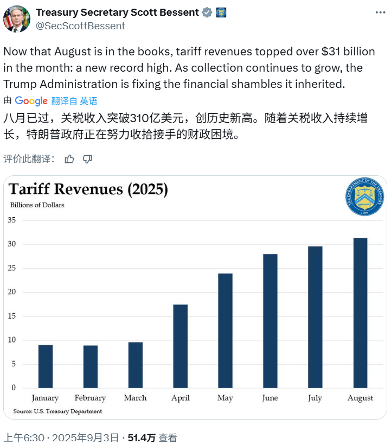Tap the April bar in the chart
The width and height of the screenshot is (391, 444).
[x=181, y=346]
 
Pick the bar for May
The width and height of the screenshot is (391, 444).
[x=226, y=331]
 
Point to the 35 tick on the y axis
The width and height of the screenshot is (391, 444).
[x=12, y=220]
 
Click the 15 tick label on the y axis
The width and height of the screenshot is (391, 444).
[x=12, y=316]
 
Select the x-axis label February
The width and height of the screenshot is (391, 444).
[x=91, y=398]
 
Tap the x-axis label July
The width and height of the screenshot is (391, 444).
[x=315, y=398]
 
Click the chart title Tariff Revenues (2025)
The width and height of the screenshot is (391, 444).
[x=88, y=189]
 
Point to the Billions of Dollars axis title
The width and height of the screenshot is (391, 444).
[x=37, y=205]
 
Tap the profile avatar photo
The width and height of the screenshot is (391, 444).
[x=17, y=19]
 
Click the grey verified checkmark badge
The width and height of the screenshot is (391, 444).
[x=207, y=12]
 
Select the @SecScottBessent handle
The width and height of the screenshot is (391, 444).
[x=80, y=26]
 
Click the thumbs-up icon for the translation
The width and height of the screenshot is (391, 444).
[x=69, y=158]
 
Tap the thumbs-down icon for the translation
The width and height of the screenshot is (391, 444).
[x=87, y=158]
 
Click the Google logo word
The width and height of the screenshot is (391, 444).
[x=31, y=101]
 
